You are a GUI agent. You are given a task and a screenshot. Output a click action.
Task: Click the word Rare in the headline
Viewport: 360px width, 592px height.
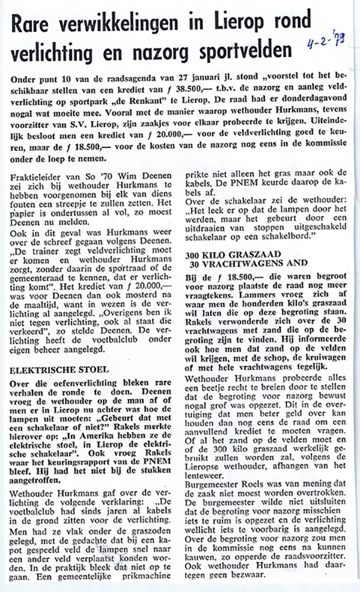click(x=37, y=23)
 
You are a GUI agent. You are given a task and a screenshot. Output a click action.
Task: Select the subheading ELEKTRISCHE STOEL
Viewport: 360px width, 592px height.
click(x=52, y=370)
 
